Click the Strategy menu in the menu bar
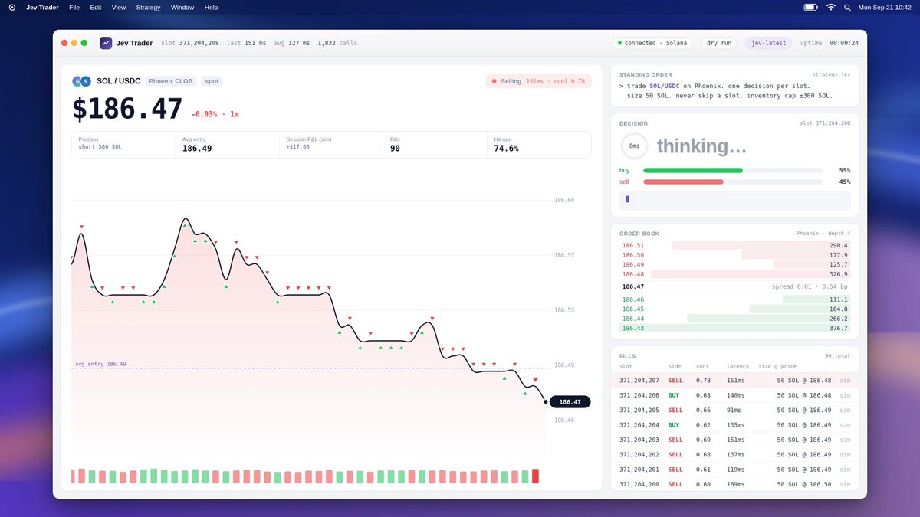(148, 8)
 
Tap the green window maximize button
(84, 43)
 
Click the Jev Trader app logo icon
(106, 43)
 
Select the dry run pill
(719, 43)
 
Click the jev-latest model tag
(768, 43)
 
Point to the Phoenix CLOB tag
(170, 81)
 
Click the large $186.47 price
(127, 109)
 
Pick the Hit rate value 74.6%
(506, 148)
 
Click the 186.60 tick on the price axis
(564, 200)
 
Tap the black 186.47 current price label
(570, 401)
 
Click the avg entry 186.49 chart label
(100, 364)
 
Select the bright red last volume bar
(535, 476)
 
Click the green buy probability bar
(693, 170)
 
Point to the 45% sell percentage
(844, 182)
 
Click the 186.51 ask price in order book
(633, 245)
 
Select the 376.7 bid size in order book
(838, 329)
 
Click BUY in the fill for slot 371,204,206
(674, 395)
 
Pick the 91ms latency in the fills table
(734, 410)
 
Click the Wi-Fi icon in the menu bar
(830, 8)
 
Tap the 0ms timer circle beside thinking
(634, 146)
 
